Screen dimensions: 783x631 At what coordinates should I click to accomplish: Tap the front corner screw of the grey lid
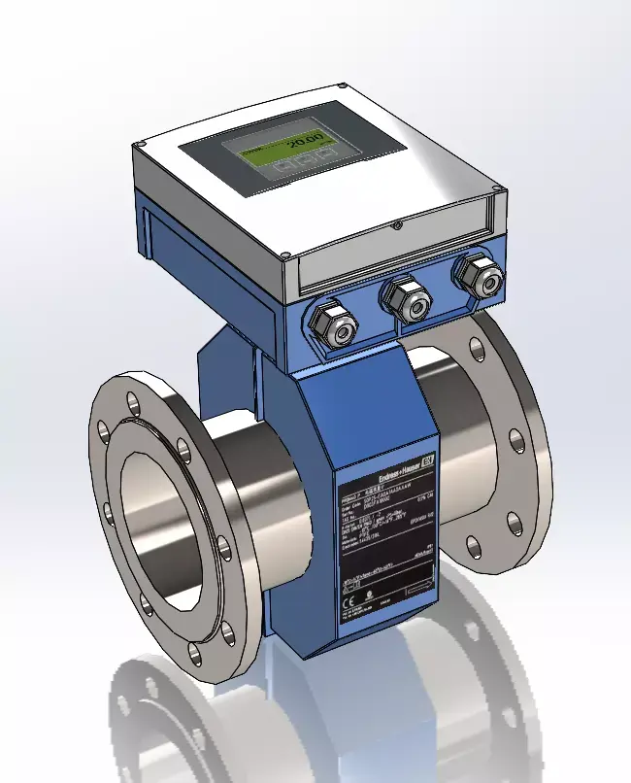point(285,256)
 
